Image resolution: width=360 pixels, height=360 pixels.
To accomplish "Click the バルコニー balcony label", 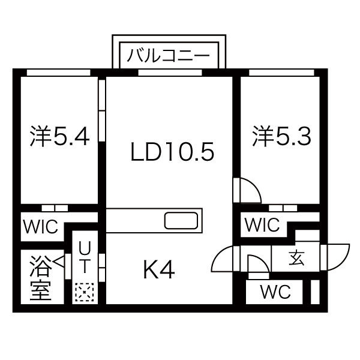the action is (x=168, y=56).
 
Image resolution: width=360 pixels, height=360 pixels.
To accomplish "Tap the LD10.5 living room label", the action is (x=172, y=152).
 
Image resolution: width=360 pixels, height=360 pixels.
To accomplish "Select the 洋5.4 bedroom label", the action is (x=59, y=136).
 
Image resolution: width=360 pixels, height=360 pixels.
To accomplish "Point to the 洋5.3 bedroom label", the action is (x=282, y=136).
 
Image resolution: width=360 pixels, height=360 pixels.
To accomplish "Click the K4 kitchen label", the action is (x=159, y=269).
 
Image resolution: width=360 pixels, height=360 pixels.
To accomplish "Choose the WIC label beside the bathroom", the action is (x=41, y=227).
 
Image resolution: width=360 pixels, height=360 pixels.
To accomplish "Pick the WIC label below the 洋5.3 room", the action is (x=262, y=224).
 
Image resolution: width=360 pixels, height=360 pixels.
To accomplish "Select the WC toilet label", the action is (x=275, y=292).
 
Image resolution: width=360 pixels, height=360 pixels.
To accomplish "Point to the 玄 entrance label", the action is (x=296, y=258).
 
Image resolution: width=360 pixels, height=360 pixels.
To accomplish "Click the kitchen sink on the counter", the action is (x=181, y=221).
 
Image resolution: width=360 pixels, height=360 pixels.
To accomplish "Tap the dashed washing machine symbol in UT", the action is (x=85, y=292).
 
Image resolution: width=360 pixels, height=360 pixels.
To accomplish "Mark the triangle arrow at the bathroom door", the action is (x=58, y=261).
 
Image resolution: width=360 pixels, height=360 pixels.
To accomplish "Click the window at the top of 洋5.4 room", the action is (x=59, y=73).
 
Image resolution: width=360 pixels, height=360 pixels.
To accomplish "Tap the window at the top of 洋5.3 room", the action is (x=281, y=73).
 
